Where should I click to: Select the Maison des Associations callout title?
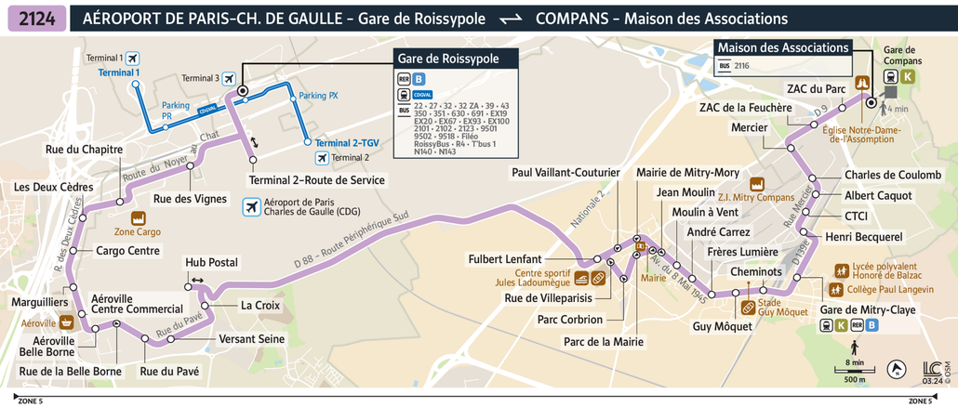(x=782, y=48)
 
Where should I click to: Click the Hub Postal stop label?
(x=211, y=263)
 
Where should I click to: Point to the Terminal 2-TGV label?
(x=347, y=143)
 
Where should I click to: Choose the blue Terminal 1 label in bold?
(x=118, y=72)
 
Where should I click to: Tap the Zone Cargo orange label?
(x=137, y=231)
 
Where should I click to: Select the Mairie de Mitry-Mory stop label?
(x=687, y=173)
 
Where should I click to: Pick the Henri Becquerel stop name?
(x=864, y=237)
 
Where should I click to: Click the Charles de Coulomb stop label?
(x=892, y=175)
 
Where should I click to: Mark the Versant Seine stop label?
(x=251, y=339)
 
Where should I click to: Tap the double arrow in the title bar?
(x=511, y=20)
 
